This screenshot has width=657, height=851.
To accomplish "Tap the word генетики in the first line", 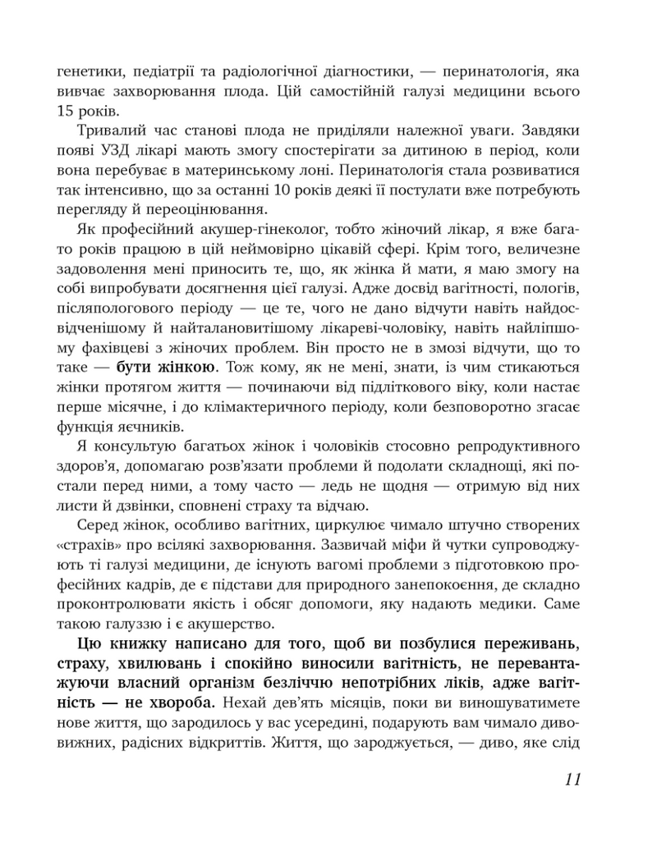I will pyautogui.click(x=87, y=71).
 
